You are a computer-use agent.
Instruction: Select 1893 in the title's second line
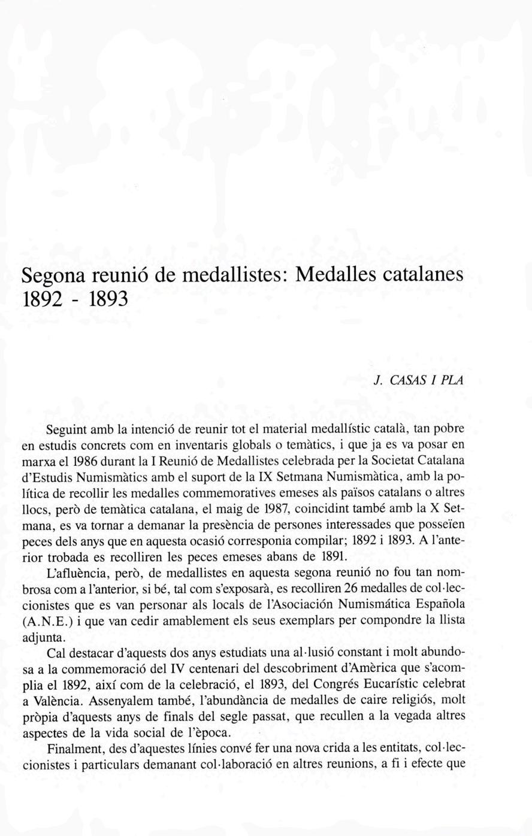pyautogui.click(x=109, y=298)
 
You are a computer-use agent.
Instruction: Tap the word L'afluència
pyautogui.click(x=74, y=571)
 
